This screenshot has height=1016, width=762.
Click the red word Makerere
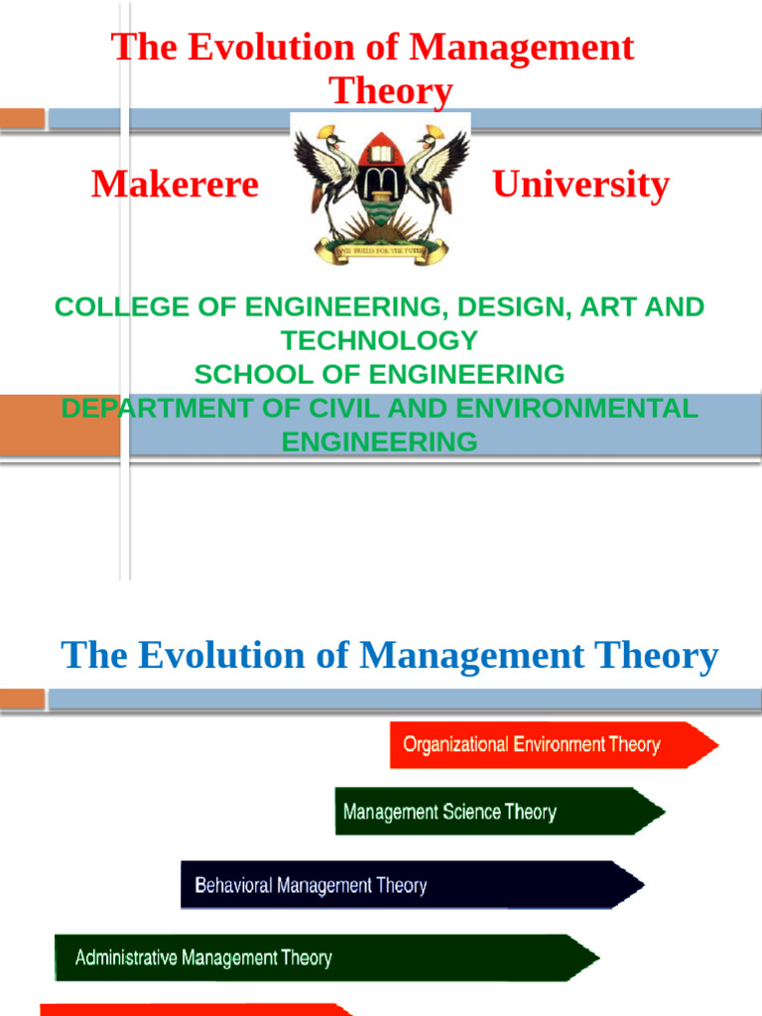[175, 185]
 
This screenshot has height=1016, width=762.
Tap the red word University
[580, 185]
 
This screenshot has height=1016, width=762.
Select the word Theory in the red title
[391, 90]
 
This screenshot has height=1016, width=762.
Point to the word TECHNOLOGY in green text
[379, 340]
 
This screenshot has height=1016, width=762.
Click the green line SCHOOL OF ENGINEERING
[379, 374]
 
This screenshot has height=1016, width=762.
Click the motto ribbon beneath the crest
[381, 252]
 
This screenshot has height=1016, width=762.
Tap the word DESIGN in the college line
[500, 307]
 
